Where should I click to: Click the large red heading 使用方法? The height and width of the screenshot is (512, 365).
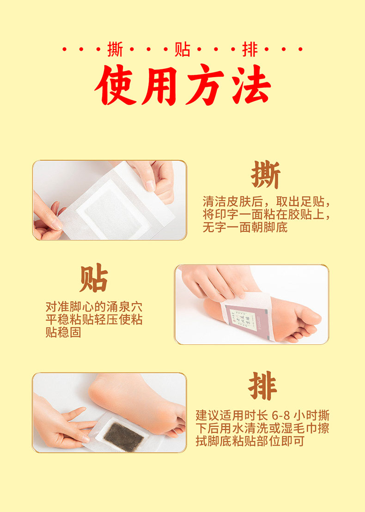(x=183, y=85)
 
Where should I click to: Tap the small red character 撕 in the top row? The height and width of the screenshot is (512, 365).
(x=115, y=49)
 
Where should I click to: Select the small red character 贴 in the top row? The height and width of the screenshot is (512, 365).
(x=182, y=49)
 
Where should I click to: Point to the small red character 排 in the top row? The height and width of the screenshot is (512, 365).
(x=250, y=49)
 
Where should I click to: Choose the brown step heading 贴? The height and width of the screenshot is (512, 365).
(x=94, y=278)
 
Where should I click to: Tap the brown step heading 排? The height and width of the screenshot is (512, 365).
(x=263, y=386)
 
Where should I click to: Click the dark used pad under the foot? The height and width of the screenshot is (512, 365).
(x=124, y=436)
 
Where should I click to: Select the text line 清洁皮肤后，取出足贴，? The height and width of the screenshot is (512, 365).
(x=266, y=201)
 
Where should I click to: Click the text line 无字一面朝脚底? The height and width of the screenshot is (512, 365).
(x=245, y=227)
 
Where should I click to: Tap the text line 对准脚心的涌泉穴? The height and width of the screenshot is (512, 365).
(x=94, y=307)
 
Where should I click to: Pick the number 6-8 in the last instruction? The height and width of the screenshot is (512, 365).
(x=281, y=415)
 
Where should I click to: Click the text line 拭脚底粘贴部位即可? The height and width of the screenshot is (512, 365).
(x=250, y=441)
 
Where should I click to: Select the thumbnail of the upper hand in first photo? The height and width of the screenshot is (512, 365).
(x=151, y=186)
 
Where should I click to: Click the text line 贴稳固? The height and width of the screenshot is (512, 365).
(x=63, y=332)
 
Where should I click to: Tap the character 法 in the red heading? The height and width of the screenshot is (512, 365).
(x=251, y=85)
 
